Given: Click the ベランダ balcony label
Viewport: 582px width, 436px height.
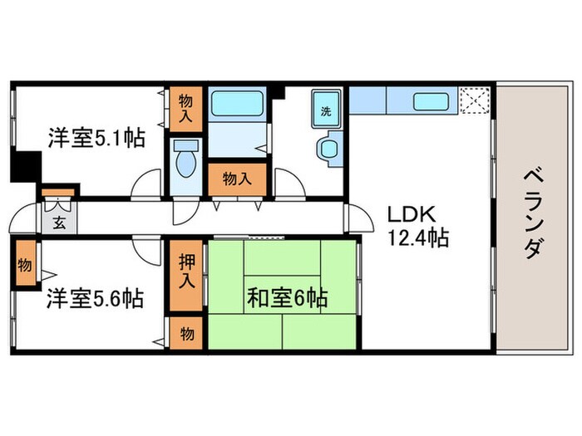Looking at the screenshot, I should tap(535, 214).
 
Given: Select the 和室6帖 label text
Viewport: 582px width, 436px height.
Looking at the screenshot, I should tap(286, 297).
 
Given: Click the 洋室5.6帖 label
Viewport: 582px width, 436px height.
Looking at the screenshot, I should tap(94, 297).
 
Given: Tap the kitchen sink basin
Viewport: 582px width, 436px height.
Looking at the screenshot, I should tap(432, 101).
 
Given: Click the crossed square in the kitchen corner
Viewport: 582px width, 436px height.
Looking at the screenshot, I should tap(476, 101).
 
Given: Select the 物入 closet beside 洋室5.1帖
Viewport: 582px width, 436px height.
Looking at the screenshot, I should tap(187, 108).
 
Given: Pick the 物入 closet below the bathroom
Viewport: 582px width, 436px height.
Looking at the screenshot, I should tap(237, 178).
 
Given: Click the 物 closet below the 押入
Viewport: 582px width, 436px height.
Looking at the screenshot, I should tap(188, 334).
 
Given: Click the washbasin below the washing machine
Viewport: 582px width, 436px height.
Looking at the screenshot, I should tap(328, 149).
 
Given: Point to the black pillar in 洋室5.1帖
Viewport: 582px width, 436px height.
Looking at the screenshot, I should tap(26, 166).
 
